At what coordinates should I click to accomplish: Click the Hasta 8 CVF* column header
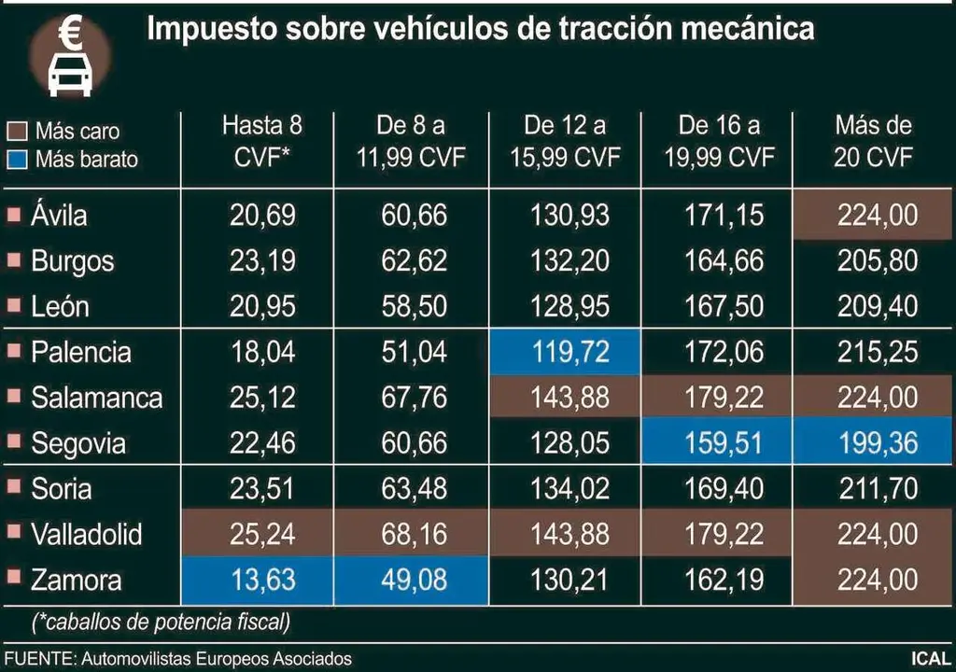pyautogui.click(x=262, y=141)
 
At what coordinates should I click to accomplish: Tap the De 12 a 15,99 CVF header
pyautogui.click(x=565, y=141)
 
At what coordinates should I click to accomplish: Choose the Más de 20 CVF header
pyautogui.click(x=873, y=141)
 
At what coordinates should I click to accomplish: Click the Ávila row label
pyautogui.click(x=59, y=216)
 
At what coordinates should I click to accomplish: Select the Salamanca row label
pyautogui.click(x=96, y=399)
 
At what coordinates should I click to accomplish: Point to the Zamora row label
pyautogui.click(x=76, y=581)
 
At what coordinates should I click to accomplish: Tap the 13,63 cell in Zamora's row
pyautogui.click(x=262, y=581)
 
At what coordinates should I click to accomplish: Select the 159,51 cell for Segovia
pyautogui.click(x=718, y=443)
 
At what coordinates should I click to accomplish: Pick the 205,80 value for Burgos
pyautogui.click(x=877, y=261)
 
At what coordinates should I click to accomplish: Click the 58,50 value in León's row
pyautogui.click(x=414, y=306)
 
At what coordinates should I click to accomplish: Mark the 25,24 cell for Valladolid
pyautogui.click(x=262, y=535)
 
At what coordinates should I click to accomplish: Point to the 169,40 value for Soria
pyautogui.click(x=718, y=489)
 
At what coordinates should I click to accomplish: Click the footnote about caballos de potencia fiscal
pyautogui.click(x=161, y=620)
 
